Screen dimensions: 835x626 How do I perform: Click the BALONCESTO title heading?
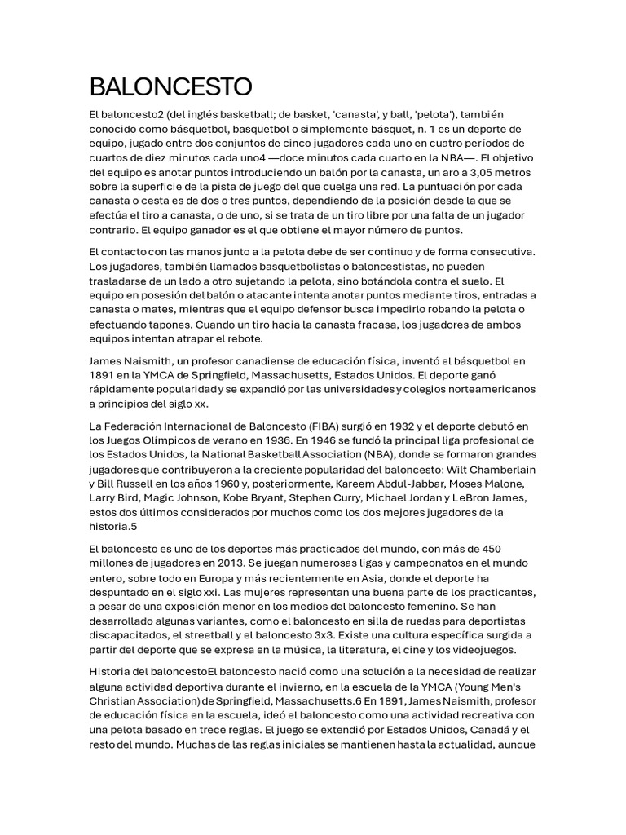pos(171,86)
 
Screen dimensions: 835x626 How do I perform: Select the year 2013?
pos(231,562)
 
